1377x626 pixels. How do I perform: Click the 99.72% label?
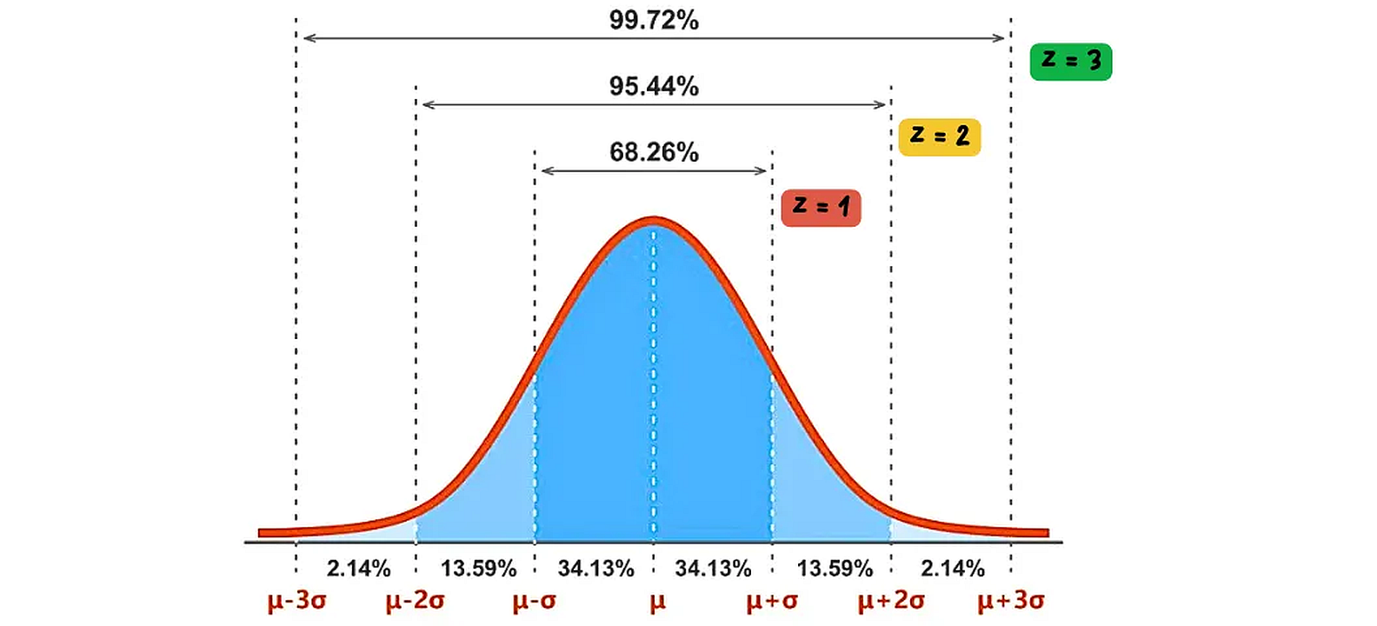click(x=654, y=20)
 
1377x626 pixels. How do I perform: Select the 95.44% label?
click(x=654, y=86)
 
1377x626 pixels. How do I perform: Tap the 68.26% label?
click(x=654, y=152)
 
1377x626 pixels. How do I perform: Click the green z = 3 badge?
click(x=1070, y=61)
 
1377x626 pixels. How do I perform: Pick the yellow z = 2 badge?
click(x=939, y=137)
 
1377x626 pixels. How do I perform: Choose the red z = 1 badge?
click(x=821, y=208)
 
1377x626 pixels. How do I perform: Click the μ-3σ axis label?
click(x=296, y=601)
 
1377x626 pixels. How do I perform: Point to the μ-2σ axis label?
click(x=416, y=601)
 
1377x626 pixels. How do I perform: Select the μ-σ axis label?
click(x=534, y=601)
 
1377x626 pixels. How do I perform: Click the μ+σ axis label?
click(x=772, y=601)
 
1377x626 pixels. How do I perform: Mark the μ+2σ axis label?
click(x=891, y=601)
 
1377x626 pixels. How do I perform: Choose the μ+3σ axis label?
click(x=1011, y=601)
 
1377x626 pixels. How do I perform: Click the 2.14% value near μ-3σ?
click(x=358, y=569)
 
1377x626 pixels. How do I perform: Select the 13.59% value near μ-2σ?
click(x=478, y=569)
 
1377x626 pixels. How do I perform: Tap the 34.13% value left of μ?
click(x=595, y=569)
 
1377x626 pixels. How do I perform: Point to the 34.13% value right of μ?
click(x=713, y=569)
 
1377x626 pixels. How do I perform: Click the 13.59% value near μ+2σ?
click(x=835, y=569)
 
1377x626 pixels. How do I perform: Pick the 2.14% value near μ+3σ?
click(x=953, y=569)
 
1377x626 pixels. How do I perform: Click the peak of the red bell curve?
click(x=654, y=221)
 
